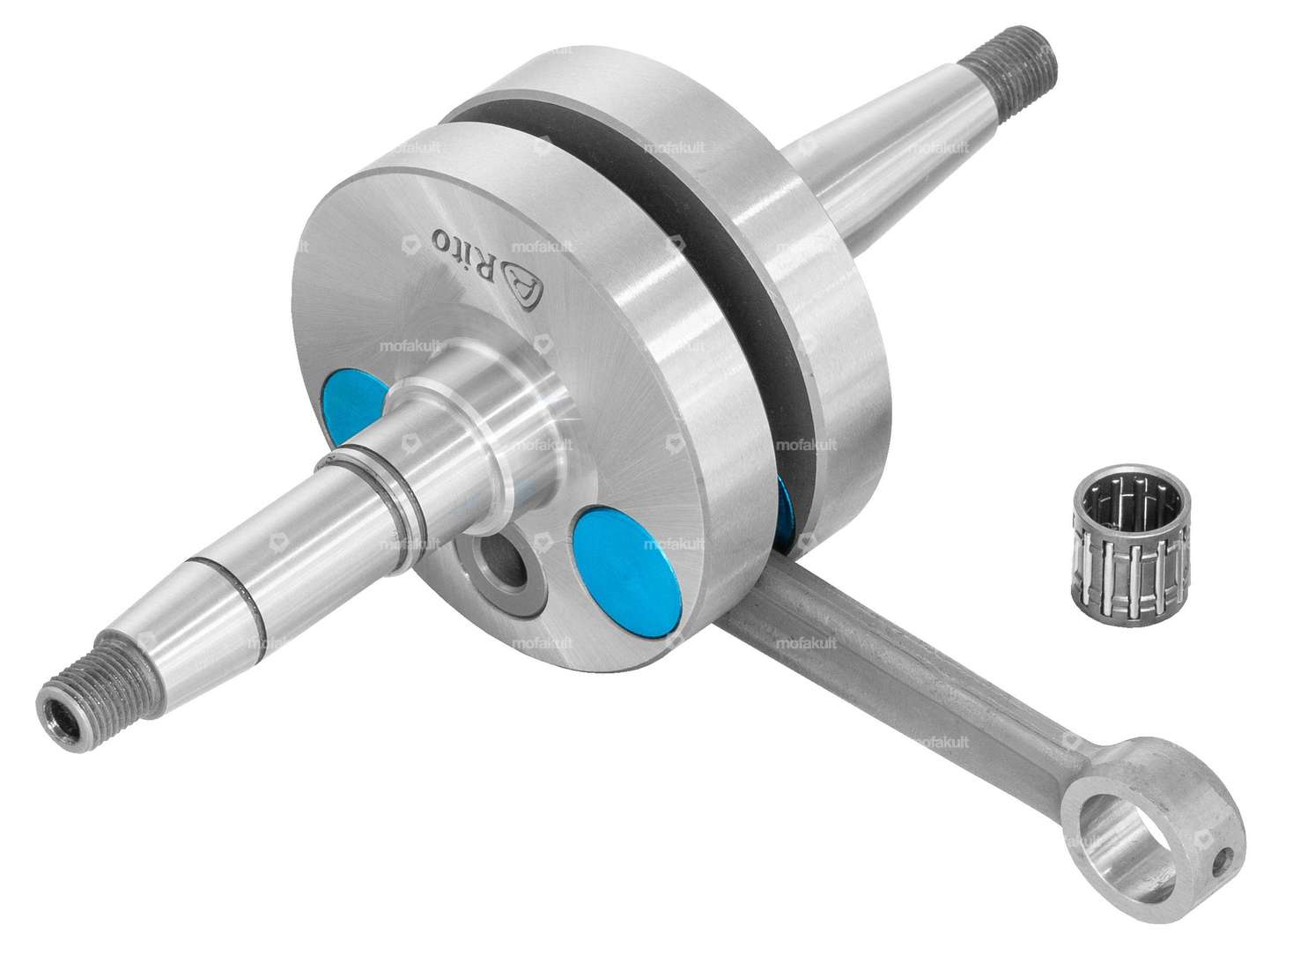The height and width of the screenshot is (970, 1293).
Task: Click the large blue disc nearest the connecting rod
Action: click(x=624, y=570)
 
